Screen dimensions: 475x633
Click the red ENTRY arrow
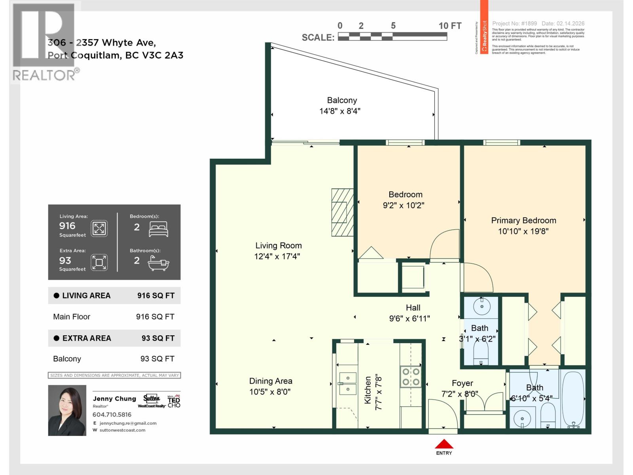(x=444, y=444)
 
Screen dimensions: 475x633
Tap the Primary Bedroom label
(x=523, y=220)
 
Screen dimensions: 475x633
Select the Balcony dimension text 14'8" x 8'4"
(x=340, y=111)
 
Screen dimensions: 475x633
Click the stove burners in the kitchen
(x=411, y=376)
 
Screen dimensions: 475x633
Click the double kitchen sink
(x=347, y=384)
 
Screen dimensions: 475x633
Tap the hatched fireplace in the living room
(x=342, y=212)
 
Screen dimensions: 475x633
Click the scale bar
(x=392, y=37)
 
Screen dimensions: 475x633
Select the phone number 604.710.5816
(x=112, y=414)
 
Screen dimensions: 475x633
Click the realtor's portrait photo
(x=67, y=410)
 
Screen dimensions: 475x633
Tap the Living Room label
(x=278, y=246)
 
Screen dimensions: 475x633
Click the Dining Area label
(x=271, y=381)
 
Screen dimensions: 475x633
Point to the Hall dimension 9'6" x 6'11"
(x=409, y=318)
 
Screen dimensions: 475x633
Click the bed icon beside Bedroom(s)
(x=158, y=229)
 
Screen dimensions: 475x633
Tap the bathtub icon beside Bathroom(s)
(x=158, y=262)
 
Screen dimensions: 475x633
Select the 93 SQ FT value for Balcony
(x=157, y=359)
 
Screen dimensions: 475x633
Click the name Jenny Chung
(x=114, y=399)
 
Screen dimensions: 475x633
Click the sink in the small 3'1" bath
(x=482, y=307)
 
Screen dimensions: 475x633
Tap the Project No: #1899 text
(x=514, y=24)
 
